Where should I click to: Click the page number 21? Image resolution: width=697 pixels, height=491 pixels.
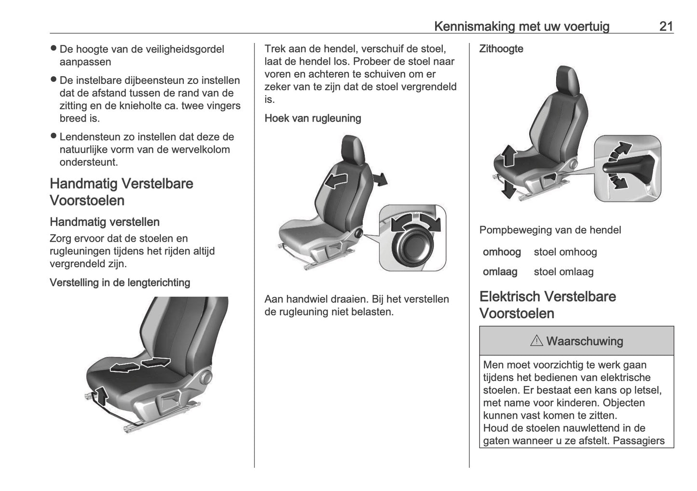pyautogui.click(x=666, y=26)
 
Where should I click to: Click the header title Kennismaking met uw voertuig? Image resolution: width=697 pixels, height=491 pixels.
pyautogui.click(x=521, y=26)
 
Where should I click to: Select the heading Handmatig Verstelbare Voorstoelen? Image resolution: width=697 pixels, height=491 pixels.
pyautogui.click(x=122, y=192)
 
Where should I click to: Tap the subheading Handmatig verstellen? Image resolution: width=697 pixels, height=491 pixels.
pyautogui.click(x=105, y=222)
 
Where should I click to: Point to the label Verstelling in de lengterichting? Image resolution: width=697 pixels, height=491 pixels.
pyautogui.click(x=120, y=283)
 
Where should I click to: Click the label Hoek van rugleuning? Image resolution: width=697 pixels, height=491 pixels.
pyautogui.click(x=313, y=118)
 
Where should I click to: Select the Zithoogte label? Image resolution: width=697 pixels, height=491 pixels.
pyautogui.click(x=501, y=49)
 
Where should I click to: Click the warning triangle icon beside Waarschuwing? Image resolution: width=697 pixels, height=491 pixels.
pyautogui.click(x=536, y=341)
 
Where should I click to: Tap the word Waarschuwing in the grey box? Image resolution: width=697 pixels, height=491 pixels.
pyautogui.click(x=585, y=341)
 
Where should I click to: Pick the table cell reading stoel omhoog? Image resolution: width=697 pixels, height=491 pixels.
pyautogui.click(x=565, y=252)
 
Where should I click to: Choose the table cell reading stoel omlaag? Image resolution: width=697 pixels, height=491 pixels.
pyautogui.click(x=563, y=272)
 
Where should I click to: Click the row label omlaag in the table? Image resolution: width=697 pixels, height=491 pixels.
pyautogui.click(x=500, y=272)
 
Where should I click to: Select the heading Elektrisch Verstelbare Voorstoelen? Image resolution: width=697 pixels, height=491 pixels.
pyautogui.click(x=547, y=305)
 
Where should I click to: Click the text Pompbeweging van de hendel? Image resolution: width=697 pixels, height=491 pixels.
pyautogui.click(x=550, y=230)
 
